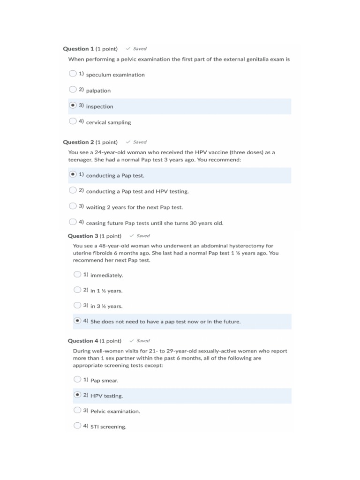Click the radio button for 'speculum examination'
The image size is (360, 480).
coord(72,74)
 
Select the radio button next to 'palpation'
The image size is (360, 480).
coord(72,90)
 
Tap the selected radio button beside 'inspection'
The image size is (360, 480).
coord(72,105)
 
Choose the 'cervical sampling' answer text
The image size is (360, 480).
coord(108,122)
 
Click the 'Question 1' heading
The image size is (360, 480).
coord(78,49)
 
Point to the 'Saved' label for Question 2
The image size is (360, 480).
coord(139,142)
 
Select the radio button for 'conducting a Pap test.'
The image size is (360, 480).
coord(72,174)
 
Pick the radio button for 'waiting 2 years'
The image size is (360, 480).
coord(72,206)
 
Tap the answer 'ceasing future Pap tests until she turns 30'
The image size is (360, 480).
coord(155,223)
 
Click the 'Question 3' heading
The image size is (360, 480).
coord(83,236)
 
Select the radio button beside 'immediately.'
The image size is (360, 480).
coord(77,275)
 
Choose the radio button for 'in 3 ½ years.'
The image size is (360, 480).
coord(77,305)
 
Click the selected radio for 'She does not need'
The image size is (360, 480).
coord(77,321)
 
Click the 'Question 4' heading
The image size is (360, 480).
coord(83,341)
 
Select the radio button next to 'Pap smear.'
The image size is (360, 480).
coord(77,380)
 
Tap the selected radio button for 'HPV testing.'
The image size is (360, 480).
coord(77,395)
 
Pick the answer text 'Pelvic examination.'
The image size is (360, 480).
coord(115,411)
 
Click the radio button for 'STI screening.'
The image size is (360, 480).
coord(77,426)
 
